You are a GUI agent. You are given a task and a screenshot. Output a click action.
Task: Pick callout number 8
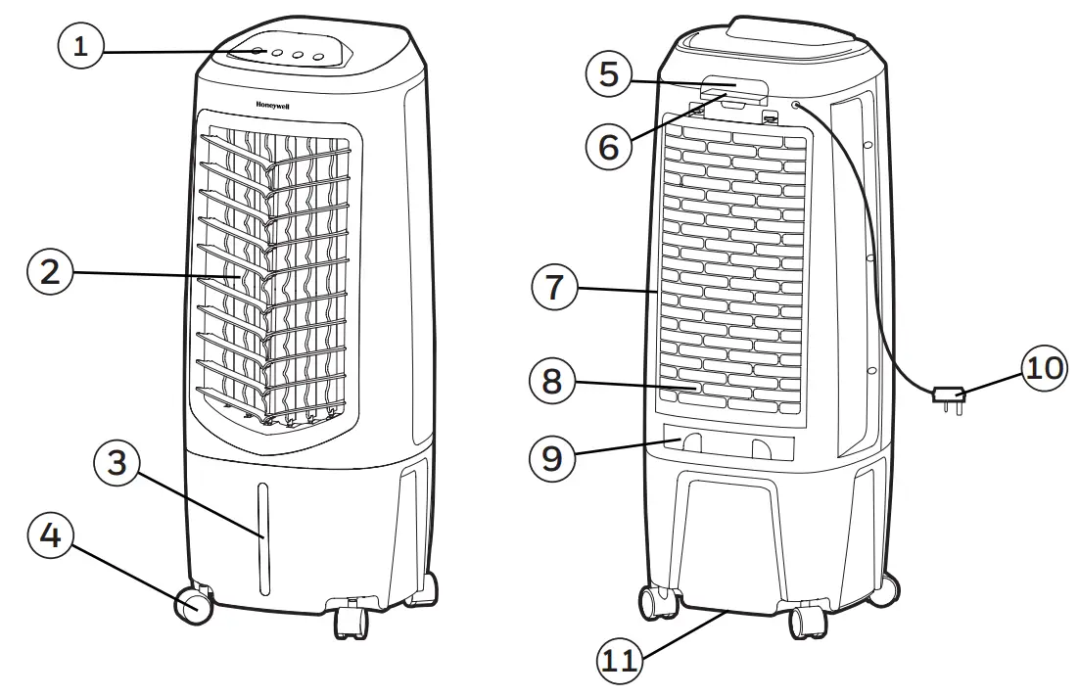552,382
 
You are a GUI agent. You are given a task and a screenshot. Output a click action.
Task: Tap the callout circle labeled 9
552,457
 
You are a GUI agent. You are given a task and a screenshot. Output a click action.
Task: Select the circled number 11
618,661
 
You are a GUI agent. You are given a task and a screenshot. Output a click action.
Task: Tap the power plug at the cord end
949,397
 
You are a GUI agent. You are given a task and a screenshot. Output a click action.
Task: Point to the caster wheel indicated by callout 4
194,606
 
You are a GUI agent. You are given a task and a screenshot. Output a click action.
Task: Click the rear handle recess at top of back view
733,90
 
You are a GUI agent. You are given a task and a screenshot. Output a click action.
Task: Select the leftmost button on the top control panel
258,53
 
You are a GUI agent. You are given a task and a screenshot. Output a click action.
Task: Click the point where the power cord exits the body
796,105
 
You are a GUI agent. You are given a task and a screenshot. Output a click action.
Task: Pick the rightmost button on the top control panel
318,58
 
